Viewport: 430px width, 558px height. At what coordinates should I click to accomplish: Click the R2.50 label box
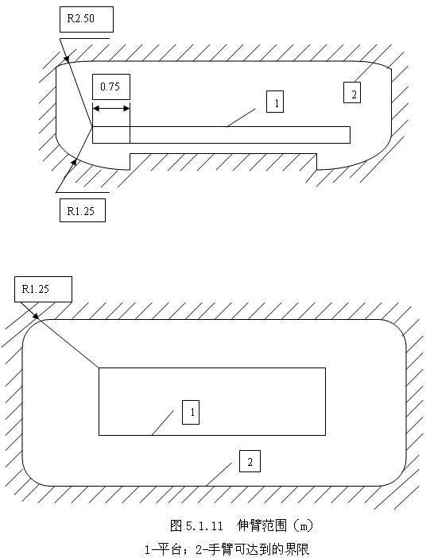pyautogui.click(x=87, y=19)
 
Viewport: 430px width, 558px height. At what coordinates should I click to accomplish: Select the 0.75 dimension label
pyautogui.click(x=111, y=87)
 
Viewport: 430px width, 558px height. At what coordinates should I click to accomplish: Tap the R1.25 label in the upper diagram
pyautogui.click(x=83, y=210)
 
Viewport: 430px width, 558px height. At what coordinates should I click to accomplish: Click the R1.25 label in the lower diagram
pyautogui.click(x=43, y=289)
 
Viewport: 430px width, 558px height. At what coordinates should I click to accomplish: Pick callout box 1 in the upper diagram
pyautogui.click(x=275, y=102)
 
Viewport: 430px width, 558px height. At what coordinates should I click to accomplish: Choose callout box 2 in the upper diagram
pyautogui.click(x=352, y=93)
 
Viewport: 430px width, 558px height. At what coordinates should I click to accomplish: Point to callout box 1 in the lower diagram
pyautogui.click(x=191, y=412)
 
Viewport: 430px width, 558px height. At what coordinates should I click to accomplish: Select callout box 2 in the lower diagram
pyautogui.click(x=250, y=461)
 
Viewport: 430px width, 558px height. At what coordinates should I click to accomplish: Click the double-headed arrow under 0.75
pyautogui.click(x=111, y=108)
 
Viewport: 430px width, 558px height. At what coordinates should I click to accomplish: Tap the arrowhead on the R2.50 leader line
pyautogui.click(x=67, y=59)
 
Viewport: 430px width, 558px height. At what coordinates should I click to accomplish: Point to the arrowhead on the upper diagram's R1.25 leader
pyautogui.click(x=74, y=163)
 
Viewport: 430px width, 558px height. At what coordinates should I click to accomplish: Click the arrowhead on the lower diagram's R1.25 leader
pyautogui.click(x=37, y=317)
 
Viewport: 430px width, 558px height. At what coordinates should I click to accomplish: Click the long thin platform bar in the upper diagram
pyautogui.click(x=221, y=135)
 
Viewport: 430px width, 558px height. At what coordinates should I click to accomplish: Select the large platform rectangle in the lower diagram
pyautogui.click(x=212, y=402)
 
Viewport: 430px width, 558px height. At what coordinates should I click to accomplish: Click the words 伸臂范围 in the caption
pyautogui.click(x=261, y=525)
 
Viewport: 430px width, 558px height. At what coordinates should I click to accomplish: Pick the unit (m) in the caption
pyautogui.click(x=303, y=525)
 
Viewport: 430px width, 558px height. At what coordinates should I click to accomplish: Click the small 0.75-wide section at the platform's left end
pyautogui.click(x=111, y=135)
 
